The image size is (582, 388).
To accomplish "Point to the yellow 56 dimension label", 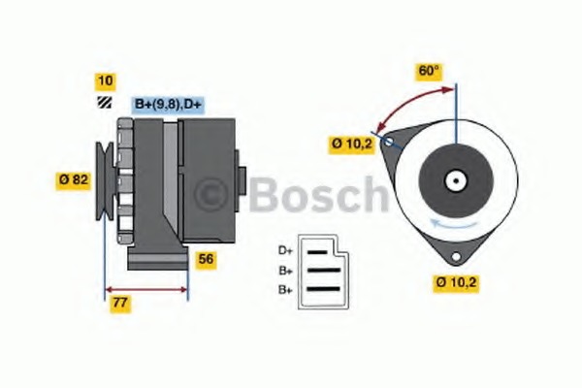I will coord(206,259).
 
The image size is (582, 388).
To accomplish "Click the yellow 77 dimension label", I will coord(121,303).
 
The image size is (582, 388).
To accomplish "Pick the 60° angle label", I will coord(429,71).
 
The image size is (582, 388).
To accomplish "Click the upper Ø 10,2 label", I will coord(351,144).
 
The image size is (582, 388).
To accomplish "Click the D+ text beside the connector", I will coord(285,249).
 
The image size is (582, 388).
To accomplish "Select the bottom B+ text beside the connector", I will coord(285,289).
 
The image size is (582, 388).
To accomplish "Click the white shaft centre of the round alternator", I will coord(454,180).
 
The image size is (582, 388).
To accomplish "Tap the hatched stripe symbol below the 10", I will coord(102,102).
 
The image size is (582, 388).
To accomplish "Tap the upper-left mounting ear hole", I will coord(389,142).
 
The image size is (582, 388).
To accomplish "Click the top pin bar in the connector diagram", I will coord(319,250).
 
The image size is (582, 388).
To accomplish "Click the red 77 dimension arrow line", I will coord(145,288).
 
